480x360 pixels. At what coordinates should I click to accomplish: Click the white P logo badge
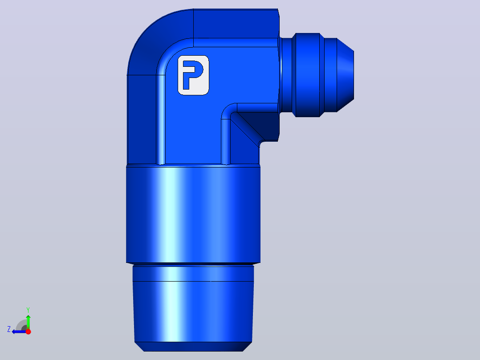pyautogui.click(x=193, y=75)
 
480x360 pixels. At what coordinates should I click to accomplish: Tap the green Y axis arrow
pyautogui.click(x=28, y=322)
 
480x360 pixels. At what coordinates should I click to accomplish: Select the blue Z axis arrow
pyautogui.click(x=19, y=331)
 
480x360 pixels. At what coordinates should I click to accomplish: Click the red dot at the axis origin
pyautogui.click(x=28, y=331)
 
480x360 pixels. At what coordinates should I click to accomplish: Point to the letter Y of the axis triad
pyautogui.click(x=28, y=310)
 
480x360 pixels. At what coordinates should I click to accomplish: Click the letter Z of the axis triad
pyautogui.click(x=9, y=329)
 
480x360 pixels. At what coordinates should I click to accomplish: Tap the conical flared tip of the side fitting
pyautogui.click(x=346, y=75)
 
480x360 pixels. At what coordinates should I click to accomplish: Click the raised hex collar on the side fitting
pyautogui.click(x=308, y=75)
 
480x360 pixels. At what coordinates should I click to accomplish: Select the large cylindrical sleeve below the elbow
pyautogui.click(x=193, y=214)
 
